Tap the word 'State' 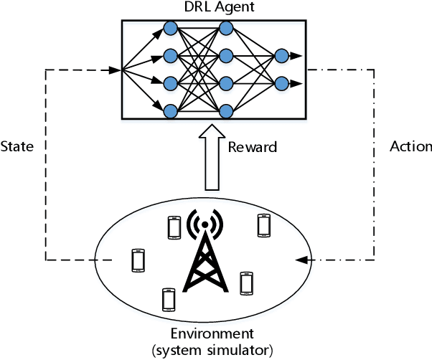pos(17,146)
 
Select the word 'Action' pos(410,146)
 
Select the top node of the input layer pos(171,28)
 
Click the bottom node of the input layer pos(171,110)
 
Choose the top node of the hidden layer pos(227,28)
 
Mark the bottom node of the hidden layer pos(227,110)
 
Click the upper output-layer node pos(281,55)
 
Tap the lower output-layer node pos(281,82)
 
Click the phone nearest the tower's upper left pos(174,227)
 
